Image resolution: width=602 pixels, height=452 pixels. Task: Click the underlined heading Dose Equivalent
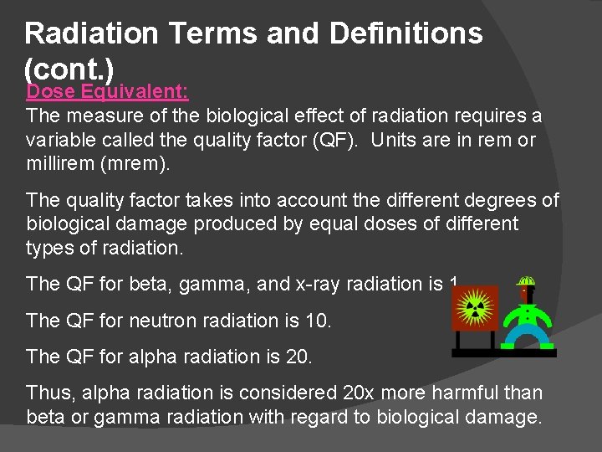[108, 91]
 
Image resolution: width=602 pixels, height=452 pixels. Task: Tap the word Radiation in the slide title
[91, 33]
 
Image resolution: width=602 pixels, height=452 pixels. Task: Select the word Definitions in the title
[406, 33]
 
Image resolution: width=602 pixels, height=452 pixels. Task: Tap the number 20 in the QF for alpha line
[297, 357]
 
